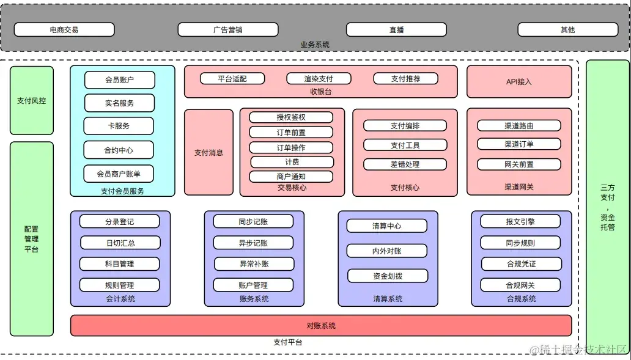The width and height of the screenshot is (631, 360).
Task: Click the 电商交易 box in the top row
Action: pyautogui.click(x=64, y=29)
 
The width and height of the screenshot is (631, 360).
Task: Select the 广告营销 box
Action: pyautogui.click(x=227, y=29)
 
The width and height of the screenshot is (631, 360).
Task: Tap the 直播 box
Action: pyautogui.click(x=396, y=29)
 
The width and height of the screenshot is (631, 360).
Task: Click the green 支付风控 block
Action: pyautogui.click(x=32, y=100)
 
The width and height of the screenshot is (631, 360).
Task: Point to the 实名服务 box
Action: pyautogui.click(x=119, y=103)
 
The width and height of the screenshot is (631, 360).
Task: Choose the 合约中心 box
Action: pyautogui.click(x=119, y=150)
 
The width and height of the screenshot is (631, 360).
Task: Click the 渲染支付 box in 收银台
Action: pyautogui.click(x=319, y=78)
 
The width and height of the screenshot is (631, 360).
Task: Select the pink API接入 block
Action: pyautogui.click(x=519, y=81)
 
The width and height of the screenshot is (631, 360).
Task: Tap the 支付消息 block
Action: pyautogui.click(x=208, y=152)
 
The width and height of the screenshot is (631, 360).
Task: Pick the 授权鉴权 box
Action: pyautogui.click(x=291, y=117)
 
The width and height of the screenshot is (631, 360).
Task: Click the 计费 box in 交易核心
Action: pyautogui.click(x=292, y=162)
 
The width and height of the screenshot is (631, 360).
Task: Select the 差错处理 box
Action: pyautogui.click(x=405, y=164)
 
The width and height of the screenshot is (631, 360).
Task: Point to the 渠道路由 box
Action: pyautogui.click(x=519, y=125)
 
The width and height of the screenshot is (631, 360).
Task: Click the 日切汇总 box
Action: pyautogui.click(x=120, y=243)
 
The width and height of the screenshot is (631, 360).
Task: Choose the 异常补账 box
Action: pyautogui.click(x=253, y=264)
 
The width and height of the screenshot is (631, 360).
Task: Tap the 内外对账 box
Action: pyautogui.click(x=387, y=251)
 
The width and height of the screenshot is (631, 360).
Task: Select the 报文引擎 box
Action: pyautogui.click(x=520, y=221)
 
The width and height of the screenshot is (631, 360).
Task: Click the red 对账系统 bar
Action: pyautogui.click(x=321, y=325)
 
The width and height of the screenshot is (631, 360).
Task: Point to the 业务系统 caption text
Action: pyautogui.click(x=315, y=45)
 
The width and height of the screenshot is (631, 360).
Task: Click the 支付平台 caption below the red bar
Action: pyautogui.click(x=287, y=342)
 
